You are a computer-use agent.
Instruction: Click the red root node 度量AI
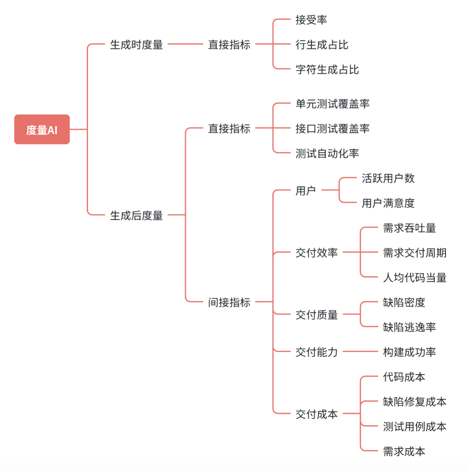click(42, 129)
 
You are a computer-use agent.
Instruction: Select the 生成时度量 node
click(136, 45)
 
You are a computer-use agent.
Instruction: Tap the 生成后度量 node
click(136, 215)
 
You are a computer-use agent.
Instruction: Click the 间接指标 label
click(229, 302)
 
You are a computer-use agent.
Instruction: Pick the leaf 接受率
click(311, 20)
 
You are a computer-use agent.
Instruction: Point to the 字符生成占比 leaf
click(327, 69)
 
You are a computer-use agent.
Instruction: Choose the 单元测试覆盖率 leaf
click(333, 104)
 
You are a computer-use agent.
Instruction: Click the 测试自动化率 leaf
click(327, 153)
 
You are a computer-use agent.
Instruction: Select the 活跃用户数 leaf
click(388, 178)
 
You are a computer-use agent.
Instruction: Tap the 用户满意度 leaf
click(388, 203)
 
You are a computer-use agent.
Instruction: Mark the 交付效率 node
click(316, 252)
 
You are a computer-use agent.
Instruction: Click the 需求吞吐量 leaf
click(409, 228)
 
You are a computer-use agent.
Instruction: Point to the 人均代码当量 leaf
click(415, 277)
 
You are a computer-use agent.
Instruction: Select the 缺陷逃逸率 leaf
click(409, 327)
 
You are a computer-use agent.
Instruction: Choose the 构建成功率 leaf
click(409, 351)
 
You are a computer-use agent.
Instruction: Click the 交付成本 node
click(316, 414)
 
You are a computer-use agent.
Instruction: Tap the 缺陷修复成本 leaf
click(415, 402)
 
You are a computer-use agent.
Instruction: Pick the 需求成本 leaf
click(404, 451)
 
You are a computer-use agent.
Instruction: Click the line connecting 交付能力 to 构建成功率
click(360, 351)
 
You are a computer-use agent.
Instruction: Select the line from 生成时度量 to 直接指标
click(185, 44)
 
